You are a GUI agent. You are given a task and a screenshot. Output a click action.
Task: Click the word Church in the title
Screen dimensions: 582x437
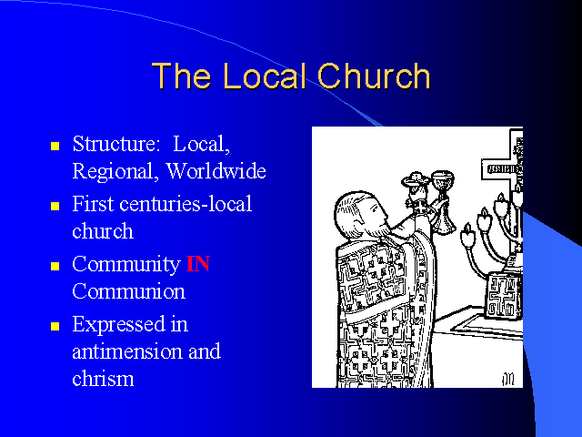pos(374,76)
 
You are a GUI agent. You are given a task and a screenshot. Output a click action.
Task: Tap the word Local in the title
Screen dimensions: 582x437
pos(265,76)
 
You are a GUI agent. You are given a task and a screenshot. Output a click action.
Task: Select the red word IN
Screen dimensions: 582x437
pos(198,264)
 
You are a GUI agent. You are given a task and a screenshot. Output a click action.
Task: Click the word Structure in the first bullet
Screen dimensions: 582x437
pos(115,144)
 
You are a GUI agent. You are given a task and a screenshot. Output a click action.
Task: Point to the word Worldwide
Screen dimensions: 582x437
pos(216,171)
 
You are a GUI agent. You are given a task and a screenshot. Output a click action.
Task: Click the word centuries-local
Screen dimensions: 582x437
pos(186,204)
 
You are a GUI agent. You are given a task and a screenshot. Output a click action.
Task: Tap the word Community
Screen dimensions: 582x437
pos(126,265)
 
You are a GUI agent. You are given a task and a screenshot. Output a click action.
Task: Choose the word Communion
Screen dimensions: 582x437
pos(128,291)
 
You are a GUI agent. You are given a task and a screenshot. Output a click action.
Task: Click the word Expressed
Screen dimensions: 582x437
pos(118,325)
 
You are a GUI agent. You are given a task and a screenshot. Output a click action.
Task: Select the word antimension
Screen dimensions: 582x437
pos(127,351)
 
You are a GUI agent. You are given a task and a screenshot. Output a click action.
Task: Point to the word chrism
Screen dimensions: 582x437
pos(103,379)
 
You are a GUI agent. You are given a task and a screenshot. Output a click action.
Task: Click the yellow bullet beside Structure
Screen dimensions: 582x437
pos(55,146)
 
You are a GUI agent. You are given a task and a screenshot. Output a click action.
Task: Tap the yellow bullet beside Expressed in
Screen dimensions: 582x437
pos(55,326)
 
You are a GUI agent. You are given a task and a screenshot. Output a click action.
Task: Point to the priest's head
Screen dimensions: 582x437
pos(358,216)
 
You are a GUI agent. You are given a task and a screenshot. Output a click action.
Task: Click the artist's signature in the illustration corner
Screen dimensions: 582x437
pos(508,379)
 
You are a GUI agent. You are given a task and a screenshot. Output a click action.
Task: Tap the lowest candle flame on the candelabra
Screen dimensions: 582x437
pos(467,235)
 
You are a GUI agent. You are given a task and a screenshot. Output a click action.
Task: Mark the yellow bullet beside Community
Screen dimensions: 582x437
pos(55,266)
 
